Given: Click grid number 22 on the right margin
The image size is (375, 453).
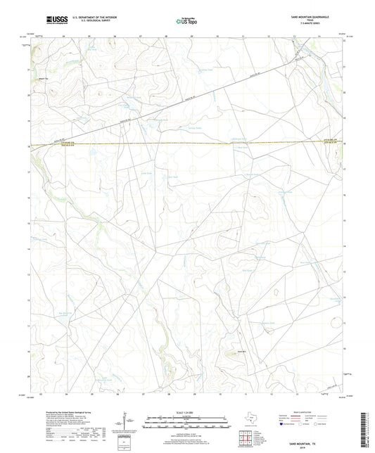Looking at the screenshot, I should [x=345, y=42].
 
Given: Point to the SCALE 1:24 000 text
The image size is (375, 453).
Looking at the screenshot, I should [x=187, y=411].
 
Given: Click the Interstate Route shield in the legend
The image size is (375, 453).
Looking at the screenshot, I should [x=283, y=425].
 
